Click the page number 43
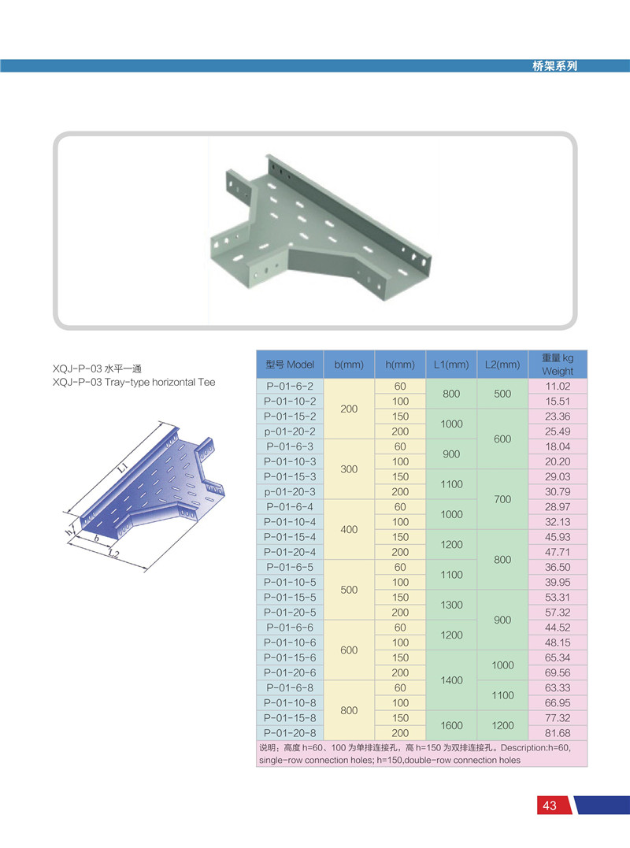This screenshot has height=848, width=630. [x=550, y=805]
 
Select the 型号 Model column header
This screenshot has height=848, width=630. [x=290, y=365]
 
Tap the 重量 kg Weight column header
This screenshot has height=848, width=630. [x=558, y=365]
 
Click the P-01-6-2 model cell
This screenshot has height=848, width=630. [x=290, y=386]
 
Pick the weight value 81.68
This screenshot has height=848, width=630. [x=558, y=733]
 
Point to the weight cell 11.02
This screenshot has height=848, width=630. [x=558, y=386]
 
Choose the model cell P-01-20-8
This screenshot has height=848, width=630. [x=290, y=733]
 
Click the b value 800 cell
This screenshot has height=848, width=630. [x=349, y=710]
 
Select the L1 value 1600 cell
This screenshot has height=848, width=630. [x=451, y=725]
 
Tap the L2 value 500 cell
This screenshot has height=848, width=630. [x=502, y=394]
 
